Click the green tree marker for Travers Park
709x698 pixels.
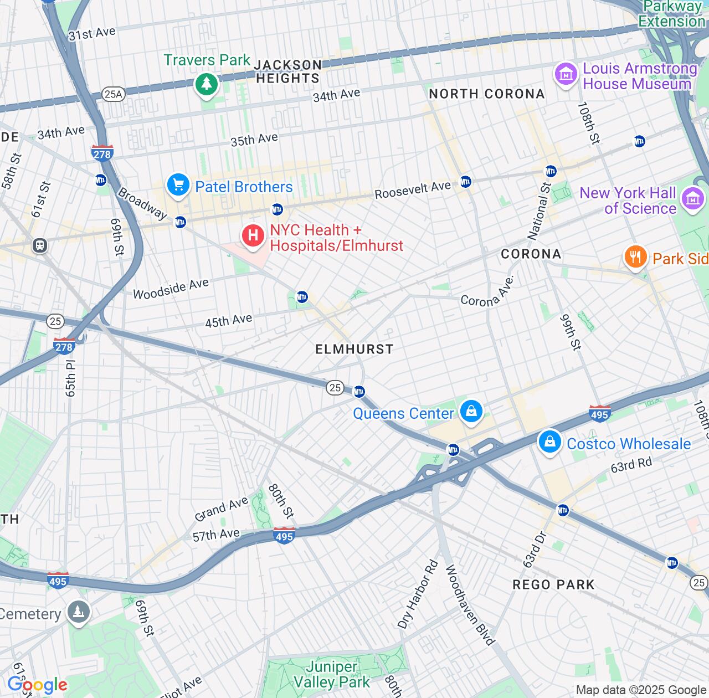207,84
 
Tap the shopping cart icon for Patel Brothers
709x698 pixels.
178,185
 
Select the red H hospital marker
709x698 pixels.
253,236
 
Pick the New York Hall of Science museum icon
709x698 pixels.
693,199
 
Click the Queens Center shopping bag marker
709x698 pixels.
471,412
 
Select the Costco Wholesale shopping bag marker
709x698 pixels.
549,442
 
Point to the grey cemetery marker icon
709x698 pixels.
78,612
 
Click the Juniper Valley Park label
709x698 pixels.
331,674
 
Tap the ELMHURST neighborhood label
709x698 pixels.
354,349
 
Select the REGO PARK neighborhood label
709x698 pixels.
553,584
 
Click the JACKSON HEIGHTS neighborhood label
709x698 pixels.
287,71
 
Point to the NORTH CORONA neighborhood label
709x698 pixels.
487,94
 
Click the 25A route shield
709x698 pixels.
113,94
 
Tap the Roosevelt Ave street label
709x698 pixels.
413,190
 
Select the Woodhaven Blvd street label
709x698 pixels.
469,604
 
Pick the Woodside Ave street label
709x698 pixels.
171,288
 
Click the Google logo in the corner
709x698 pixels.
37,685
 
